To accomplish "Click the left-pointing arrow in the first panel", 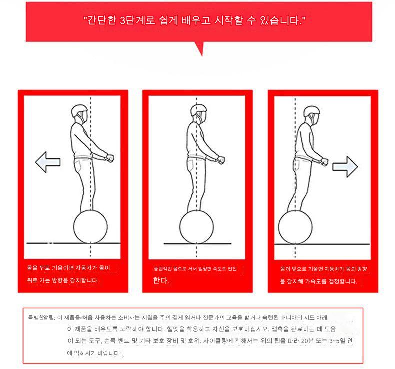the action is click(48, 162).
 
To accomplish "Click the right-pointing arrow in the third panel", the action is click(345, 166).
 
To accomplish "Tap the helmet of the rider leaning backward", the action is click(79, 110).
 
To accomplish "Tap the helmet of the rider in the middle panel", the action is click(199, 110).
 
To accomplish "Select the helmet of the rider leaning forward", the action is click(312, 111).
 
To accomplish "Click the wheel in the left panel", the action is click(90, 226).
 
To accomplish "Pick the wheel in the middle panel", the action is click(196, 227).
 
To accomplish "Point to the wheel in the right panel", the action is click(295, 227).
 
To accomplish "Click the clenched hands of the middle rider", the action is click(220, 160).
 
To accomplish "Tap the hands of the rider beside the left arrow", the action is click(110, 158).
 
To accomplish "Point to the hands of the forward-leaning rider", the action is click(324, 161).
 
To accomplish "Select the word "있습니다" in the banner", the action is click(280, 20).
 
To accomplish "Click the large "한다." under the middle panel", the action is click(161, 280).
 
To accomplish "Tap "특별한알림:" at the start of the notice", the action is click(41, 317).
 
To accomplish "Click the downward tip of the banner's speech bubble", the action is click(202, 56).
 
